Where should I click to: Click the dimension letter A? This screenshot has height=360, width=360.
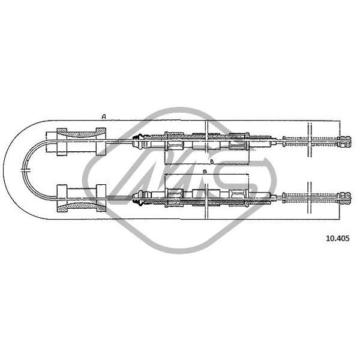coord(104,116)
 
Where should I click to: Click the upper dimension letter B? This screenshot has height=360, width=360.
coord(212,161)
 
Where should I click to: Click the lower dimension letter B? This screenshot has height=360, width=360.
coord(205,171)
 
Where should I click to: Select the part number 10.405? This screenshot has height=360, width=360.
coord(337,238)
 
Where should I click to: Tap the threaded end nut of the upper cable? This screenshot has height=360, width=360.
coord(344,142)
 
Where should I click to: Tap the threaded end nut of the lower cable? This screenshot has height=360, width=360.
coord(344,197)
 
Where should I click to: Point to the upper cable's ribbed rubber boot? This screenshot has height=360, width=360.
coord(138,138)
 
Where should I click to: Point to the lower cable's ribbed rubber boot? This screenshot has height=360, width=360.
coord(138,200)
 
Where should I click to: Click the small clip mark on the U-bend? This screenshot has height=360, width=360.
coord(25,170)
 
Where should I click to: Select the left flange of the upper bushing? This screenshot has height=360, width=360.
coord(62,142)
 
